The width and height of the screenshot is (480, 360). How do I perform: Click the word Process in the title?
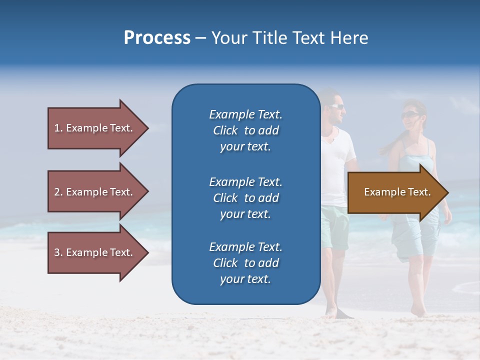[x=157, y=38]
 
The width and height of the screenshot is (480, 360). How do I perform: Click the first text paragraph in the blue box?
[x=245, y=130]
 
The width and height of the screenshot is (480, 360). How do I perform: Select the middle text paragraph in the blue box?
[x=245, y=198]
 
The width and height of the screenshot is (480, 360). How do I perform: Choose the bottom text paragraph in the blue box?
[x=245, y=263]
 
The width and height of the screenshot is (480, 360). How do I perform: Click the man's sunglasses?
[x=336, y=106]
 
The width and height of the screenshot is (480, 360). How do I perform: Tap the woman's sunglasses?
[x=408, y=115]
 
